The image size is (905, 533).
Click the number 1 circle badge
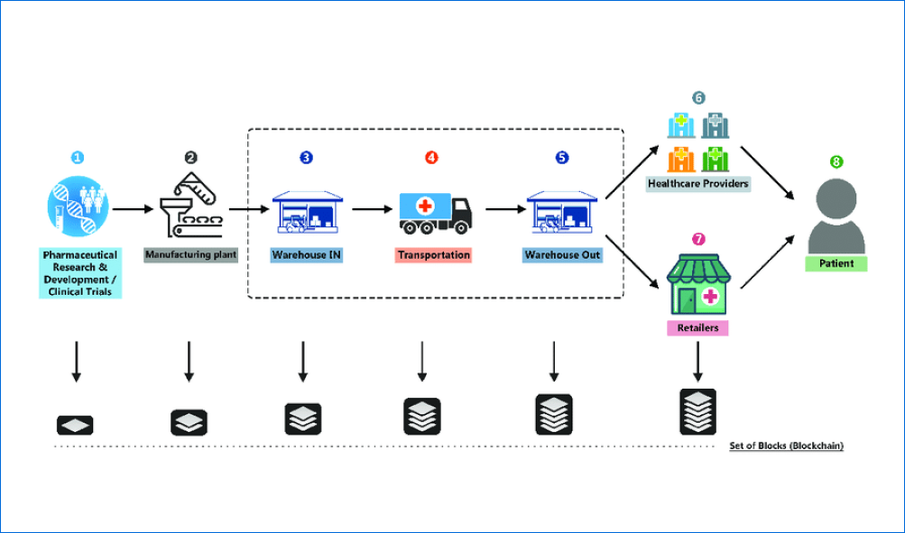pyautogui.click(x=77, y=157)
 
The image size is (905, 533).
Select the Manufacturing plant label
pyautogui.click(x=190, y=255)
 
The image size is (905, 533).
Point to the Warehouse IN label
pyautogui.click(x=307, y=255)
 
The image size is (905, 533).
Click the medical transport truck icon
pyautogui.click(x=436, y=211)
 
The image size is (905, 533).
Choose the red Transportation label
pyautogui.click(x=433, y=255)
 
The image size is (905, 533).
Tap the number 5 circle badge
pyautogui.click(x=562, y=157)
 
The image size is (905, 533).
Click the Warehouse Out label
pyautogui.click(x=562, y=255)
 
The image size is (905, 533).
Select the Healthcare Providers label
pyautogui.click(x=697, y=184)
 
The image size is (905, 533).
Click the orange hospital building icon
pyautogui.click(x=681, y=159)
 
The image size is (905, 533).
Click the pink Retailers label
pyautogui.click(x=697, y=327)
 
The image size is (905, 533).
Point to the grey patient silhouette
pyautogui.click(x=836, y=217)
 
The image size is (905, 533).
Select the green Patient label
pyautogui.click(x=836, y=264)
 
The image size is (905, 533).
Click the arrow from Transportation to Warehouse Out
pyautogui.click(x=504, y=209)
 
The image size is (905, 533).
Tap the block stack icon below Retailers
pyautogui.click(x=697, y=412)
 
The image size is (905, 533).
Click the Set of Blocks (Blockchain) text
pyautogui.click(x=786, y=446)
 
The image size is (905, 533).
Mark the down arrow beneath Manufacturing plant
pyautogui.click(x=189, y=361)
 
